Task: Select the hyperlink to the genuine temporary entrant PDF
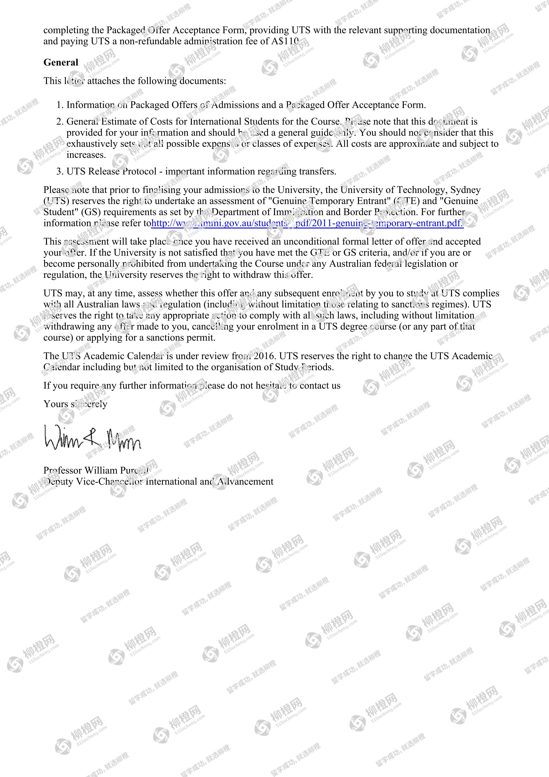pyautogui.click(x=307, y=223)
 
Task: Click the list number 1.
pyautogui.click(x=60, y=105)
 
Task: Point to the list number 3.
pyautogui.click(x=60, y=171)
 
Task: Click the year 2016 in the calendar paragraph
pyautogui.click(x=264, y=356)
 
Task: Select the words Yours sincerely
pyautogui.click(x=75, y=404)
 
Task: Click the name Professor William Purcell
pyautogui.click(x=96, y=470)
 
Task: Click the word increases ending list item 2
pyautogui.click(x=86, y=155)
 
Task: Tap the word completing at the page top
pyautogui.click(x=66, y=30)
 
